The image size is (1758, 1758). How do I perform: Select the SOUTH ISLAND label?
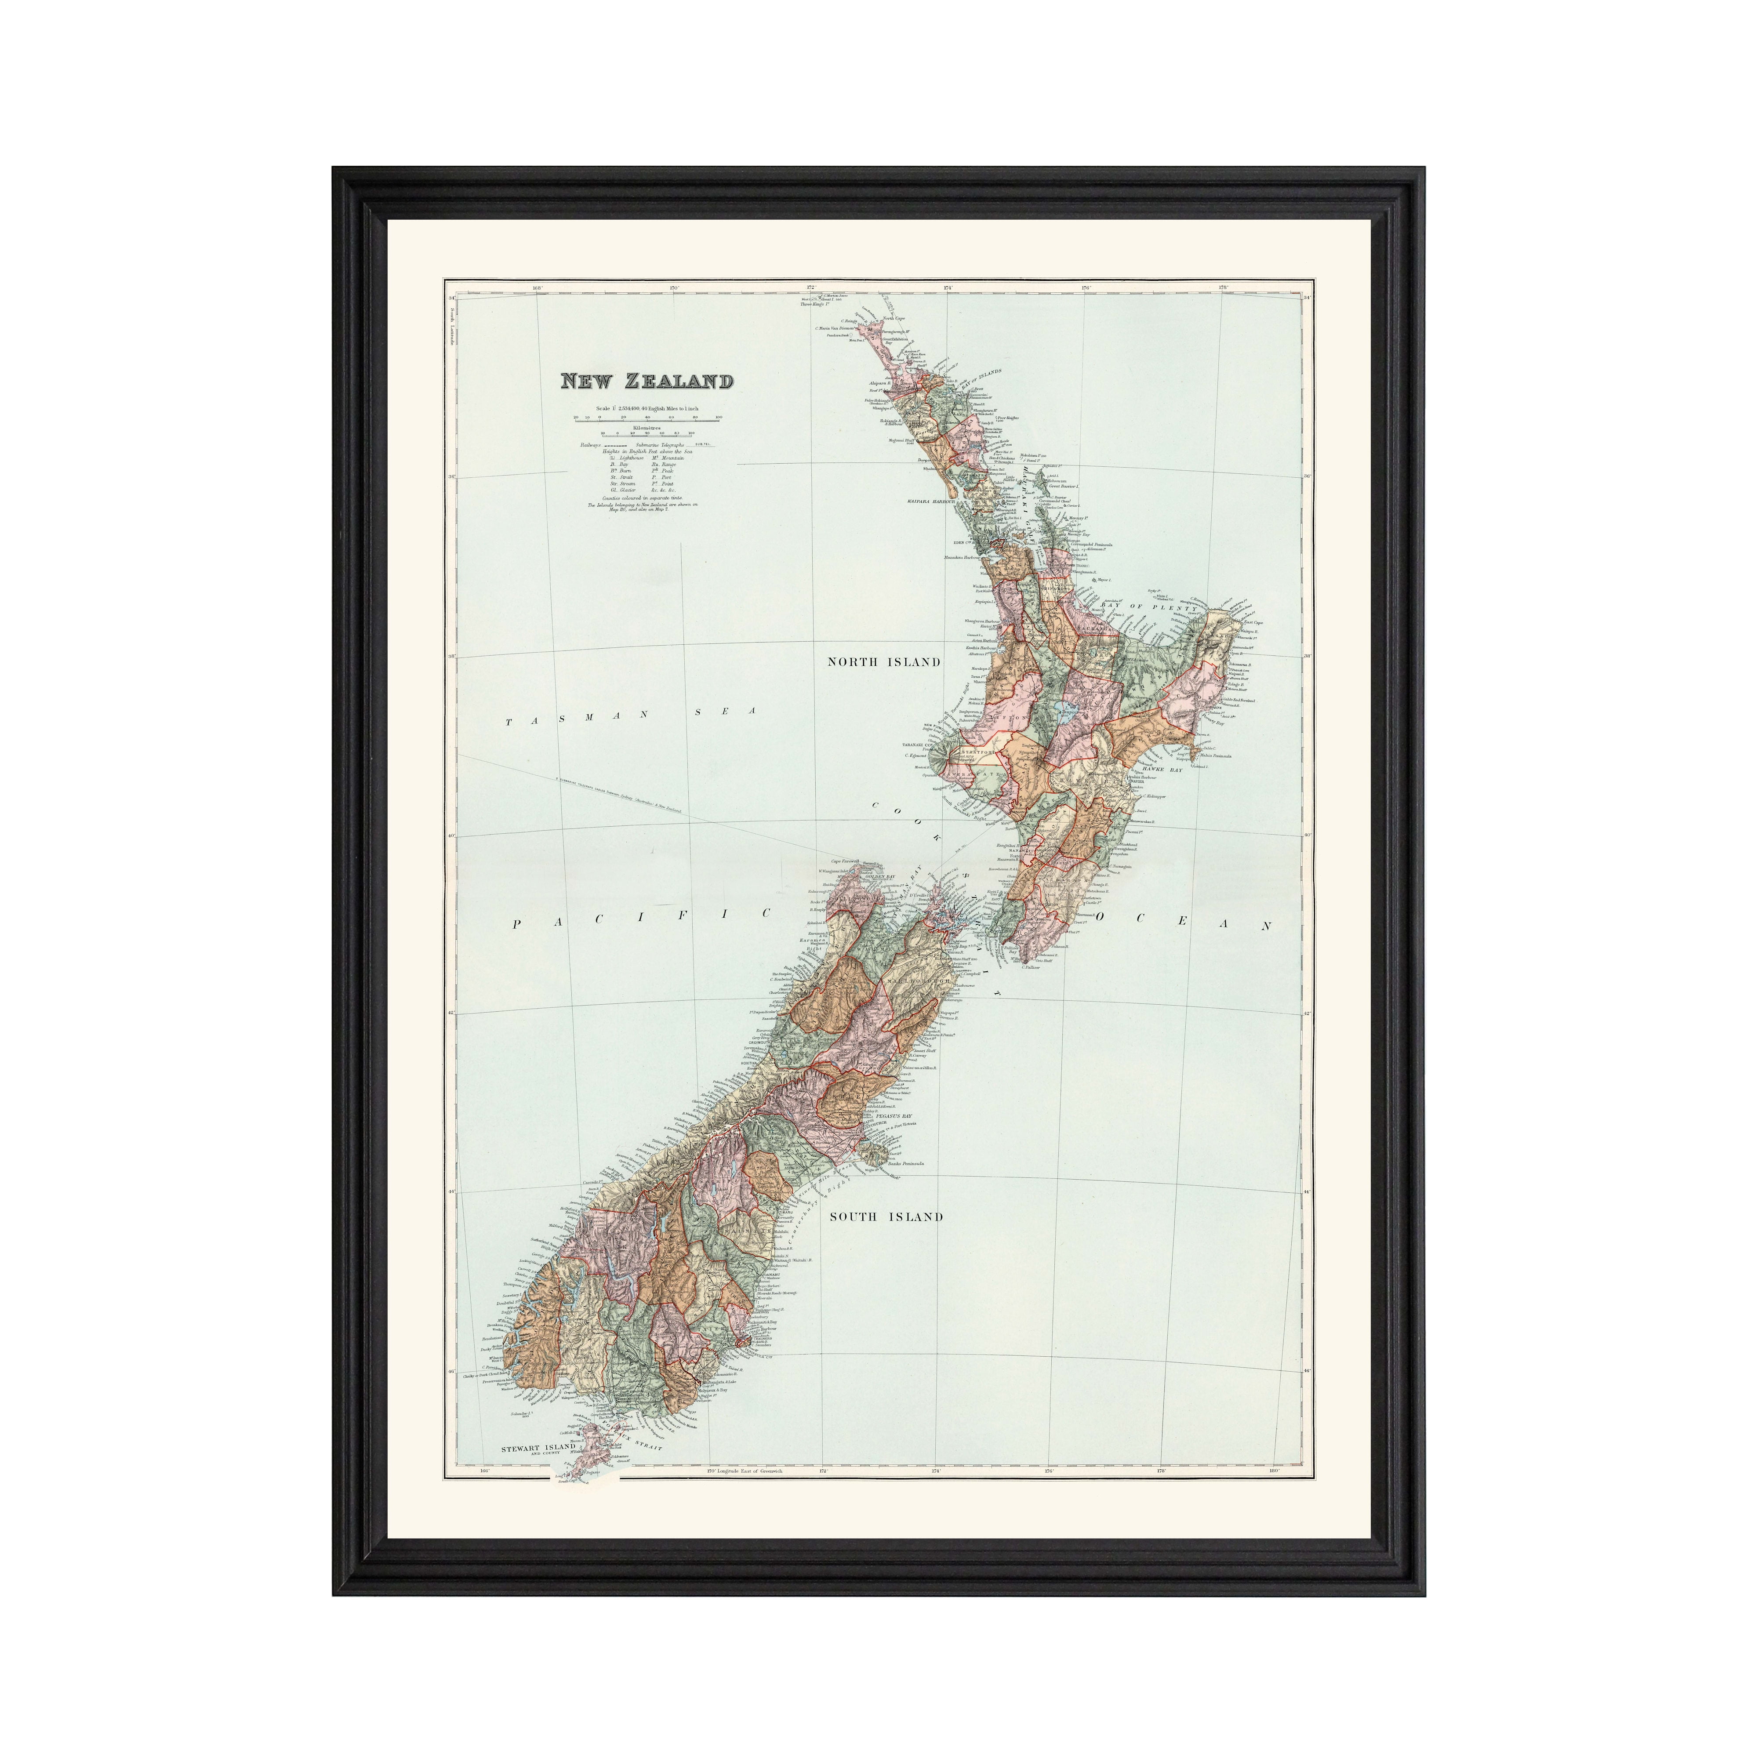(885, 1217)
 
